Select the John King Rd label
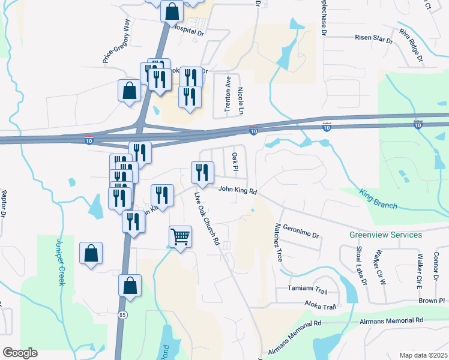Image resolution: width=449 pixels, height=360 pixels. coord(238,190)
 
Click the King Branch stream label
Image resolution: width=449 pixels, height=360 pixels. coord(378,200)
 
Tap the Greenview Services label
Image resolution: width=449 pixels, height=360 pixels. coord(386,235)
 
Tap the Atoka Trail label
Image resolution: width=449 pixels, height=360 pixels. coord(321,306)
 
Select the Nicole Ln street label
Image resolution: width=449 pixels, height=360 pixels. coord(241,98)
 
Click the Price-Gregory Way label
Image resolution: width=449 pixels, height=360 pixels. coord(117,41)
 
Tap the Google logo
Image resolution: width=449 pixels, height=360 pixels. coord(20,353)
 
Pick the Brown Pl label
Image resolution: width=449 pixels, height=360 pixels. coord(432,300)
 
